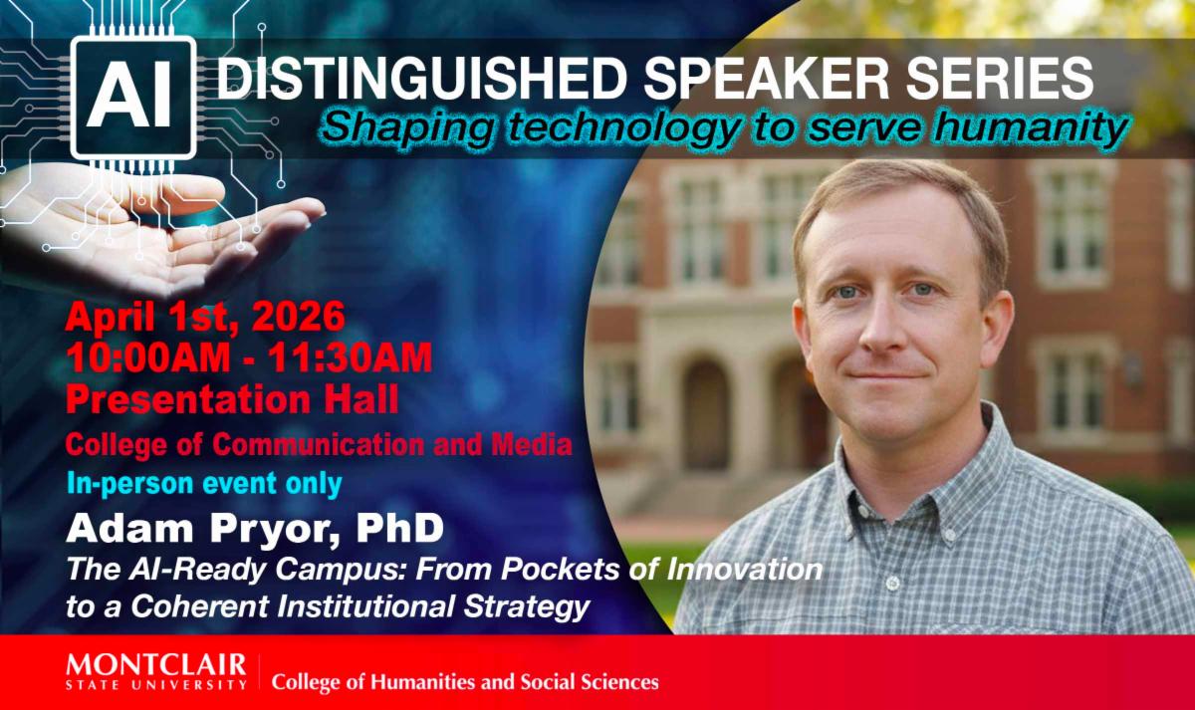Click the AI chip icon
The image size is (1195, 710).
click(x=133, y=98)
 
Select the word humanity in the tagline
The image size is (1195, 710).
click(x=1031, y=128)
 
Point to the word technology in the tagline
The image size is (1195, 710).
click(x=617, y=129)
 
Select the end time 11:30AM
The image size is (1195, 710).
click(x=350, y=357)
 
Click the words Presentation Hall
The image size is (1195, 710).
click(x=232, y=399)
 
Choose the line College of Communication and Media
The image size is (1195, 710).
click(x=319, y=444)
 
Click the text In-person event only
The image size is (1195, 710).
click(x=204, y=484)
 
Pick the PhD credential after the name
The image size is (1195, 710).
click(x=399, y=528)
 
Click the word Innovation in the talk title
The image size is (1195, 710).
click(x=745, y=570)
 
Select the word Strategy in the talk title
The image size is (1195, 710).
click(x=527, y=607)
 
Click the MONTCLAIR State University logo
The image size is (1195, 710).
click(x=156, y=671)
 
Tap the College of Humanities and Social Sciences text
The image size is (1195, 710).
click(x=465, y=682)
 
